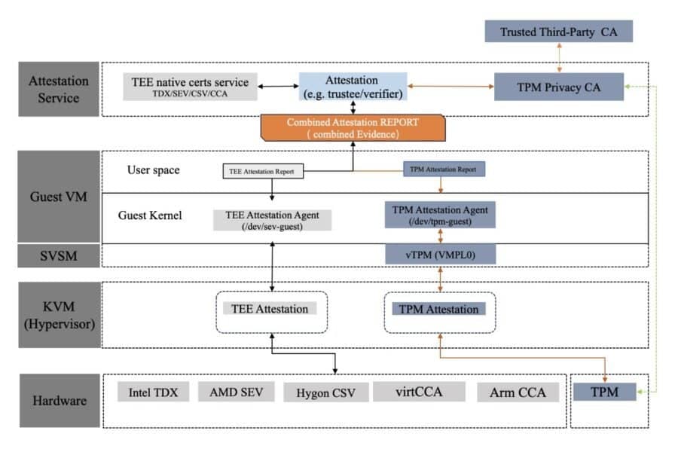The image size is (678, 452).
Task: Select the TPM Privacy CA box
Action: [x=558, y=87]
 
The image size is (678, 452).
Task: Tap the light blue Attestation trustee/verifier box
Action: [x=353, y=87]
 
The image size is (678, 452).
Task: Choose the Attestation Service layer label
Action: [x=58, y=89]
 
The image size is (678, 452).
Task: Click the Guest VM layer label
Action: [x=58, y=197]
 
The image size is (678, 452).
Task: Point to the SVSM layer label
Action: [x=58, y=255]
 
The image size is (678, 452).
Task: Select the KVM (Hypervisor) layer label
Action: [x=58, y=314]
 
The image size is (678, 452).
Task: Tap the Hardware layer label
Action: [x=58, y=401]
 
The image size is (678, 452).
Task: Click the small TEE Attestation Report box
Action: [x=262, y=172]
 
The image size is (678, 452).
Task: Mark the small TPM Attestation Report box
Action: [x=444, y=170]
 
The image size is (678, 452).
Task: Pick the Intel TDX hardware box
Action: [x=153, y=392]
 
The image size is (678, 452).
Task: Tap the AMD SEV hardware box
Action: [x=234, y=392]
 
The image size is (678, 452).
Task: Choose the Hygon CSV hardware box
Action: [x=328, y=392]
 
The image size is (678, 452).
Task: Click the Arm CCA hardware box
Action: [x=518, y=392]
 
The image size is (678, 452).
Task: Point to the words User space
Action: [x=154, y=170]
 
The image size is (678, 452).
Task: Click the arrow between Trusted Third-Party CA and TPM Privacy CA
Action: [x=558, y=57]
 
